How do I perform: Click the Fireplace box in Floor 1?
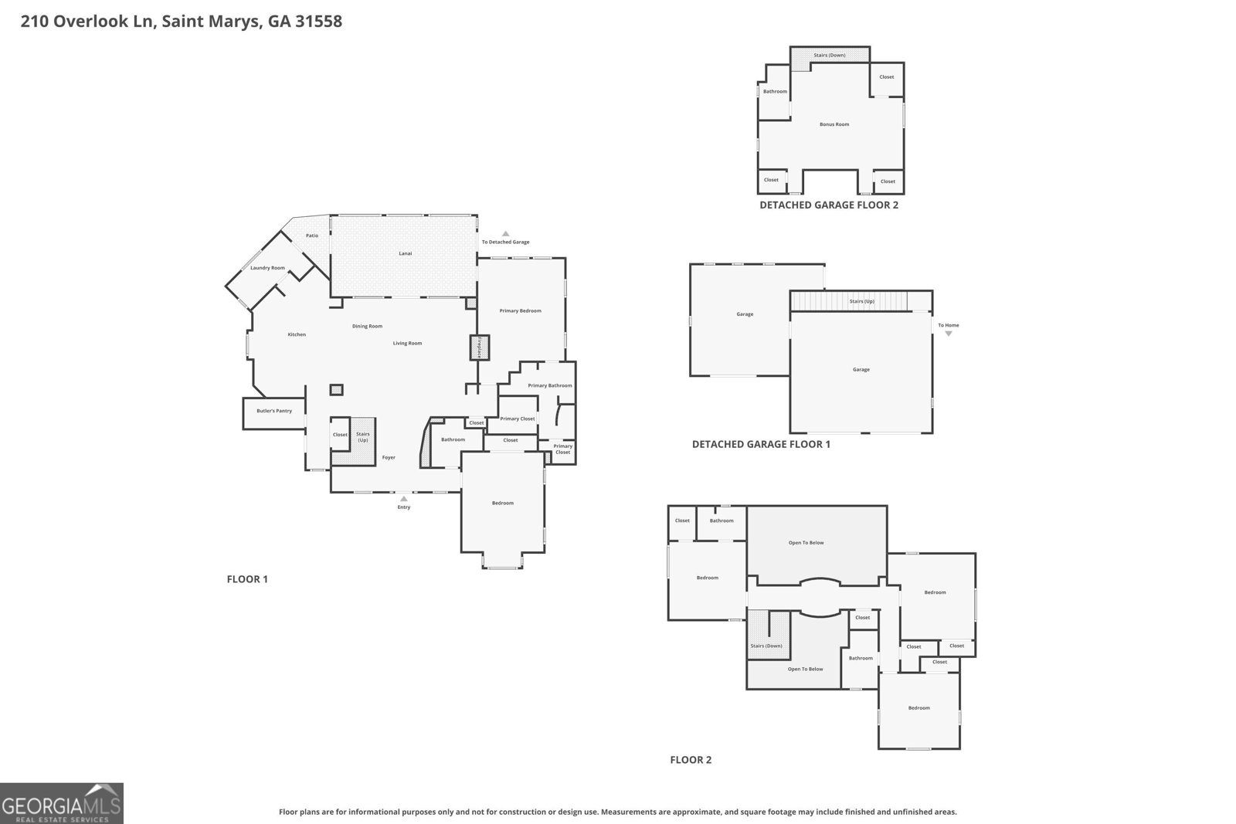click(x=478, y=348)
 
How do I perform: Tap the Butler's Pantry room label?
click(x=274, y=411)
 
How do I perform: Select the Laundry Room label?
click(x=267, y=268)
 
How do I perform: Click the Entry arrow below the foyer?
click(x=403, y=499)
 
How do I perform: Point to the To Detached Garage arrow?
click(x=506, y=233)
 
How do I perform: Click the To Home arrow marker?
click(x=949, y=334)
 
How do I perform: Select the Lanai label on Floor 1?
click(x=405, y=253)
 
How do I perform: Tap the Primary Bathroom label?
click(x=550, y=385)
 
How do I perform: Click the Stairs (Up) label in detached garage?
click(x=861, y=301)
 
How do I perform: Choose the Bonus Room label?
click(x=834, y=124)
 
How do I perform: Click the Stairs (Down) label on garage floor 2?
click(x=830, y=56)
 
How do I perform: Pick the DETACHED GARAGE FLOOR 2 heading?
click(x=828, y=205)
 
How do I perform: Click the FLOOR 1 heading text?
click(x=247, y=579)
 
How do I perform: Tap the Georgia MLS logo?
click(x=62, y=803)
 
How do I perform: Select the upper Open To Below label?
click(x=806, y=543)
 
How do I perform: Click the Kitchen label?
click(x=297, y=334)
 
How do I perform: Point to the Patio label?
click(x=312, y=236)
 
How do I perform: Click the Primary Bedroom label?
click(x=520, y=310)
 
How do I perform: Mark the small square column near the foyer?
click(x=336, y=390)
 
